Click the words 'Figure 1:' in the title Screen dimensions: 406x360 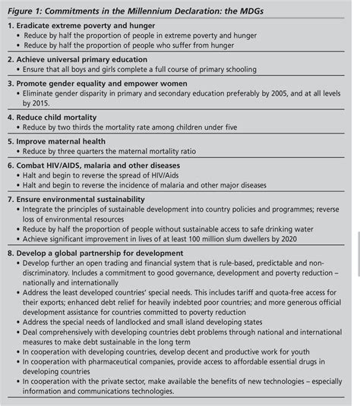24,8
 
